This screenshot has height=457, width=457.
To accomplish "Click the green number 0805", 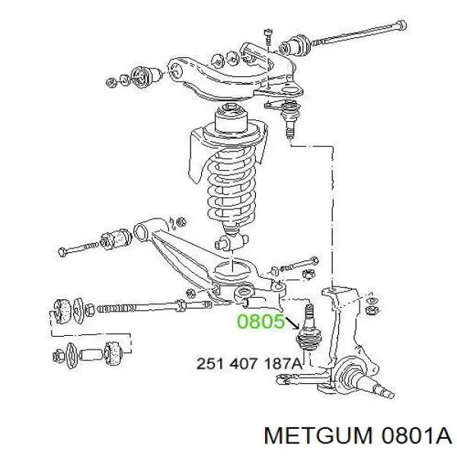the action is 260,322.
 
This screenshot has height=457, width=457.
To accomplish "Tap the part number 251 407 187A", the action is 250,364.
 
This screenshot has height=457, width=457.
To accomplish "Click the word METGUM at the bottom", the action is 318,436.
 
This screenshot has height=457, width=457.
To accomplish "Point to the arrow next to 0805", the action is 293,323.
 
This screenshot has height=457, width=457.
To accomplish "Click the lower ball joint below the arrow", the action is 309,332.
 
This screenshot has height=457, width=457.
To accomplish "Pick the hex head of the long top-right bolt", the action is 401,25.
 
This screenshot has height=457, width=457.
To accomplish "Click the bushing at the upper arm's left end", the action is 146,76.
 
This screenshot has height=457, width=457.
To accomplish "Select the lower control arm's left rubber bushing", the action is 117,238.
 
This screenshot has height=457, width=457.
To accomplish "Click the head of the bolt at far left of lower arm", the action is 62,251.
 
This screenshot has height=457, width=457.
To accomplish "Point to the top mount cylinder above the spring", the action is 231,118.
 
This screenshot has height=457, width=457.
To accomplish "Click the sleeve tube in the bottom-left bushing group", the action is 91,354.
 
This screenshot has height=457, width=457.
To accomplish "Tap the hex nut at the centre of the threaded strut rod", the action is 181,305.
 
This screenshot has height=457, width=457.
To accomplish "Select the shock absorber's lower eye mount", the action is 232,241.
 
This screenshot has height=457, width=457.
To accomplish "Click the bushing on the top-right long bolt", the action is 295,45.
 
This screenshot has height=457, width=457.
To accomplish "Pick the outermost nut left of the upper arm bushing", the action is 111,82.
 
